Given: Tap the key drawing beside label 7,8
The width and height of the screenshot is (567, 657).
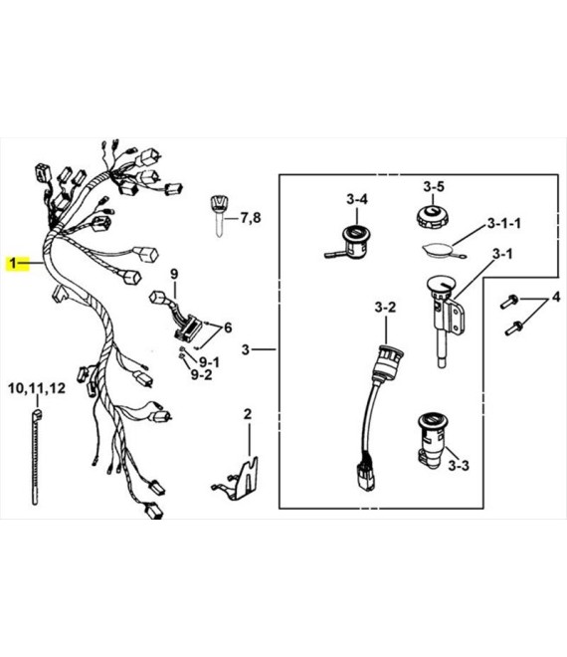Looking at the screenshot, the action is (218, 216).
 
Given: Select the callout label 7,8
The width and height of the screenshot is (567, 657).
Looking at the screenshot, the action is (250, 218).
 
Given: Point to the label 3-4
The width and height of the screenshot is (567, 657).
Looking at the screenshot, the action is (357, 199).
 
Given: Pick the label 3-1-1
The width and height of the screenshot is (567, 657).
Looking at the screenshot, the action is (504, 223).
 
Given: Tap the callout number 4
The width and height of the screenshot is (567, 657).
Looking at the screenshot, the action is (556, 297).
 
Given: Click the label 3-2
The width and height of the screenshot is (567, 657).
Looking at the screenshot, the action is (385, 308).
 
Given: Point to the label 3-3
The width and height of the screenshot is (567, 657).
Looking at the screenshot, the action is (459, 465).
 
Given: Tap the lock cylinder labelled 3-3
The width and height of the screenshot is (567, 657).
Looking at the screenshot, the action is (431, 440).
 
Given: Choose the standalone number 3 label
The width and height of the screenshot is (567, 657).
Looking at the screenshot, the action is (246, 349).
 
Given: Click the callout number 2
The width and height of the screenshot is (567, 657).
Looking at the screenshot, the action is (248, 414).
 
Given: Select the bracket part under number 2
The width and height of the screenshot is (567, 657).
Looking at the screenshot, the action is (237, 479).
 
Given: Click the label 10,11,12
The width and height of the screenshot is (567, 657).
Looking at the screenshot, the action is (37, 388).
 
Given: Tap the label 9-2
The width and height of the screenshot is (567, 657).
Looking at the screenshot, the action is (201, 374).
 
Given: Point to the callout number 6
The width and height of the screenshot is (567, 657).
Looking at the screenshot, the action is (228, 328).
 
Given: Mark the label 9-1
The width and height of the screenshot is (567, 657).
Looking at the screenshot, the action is (209, 361).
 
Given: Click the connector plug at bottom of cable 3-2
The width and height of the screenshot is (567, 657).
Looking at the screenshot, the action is (365, 477).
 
